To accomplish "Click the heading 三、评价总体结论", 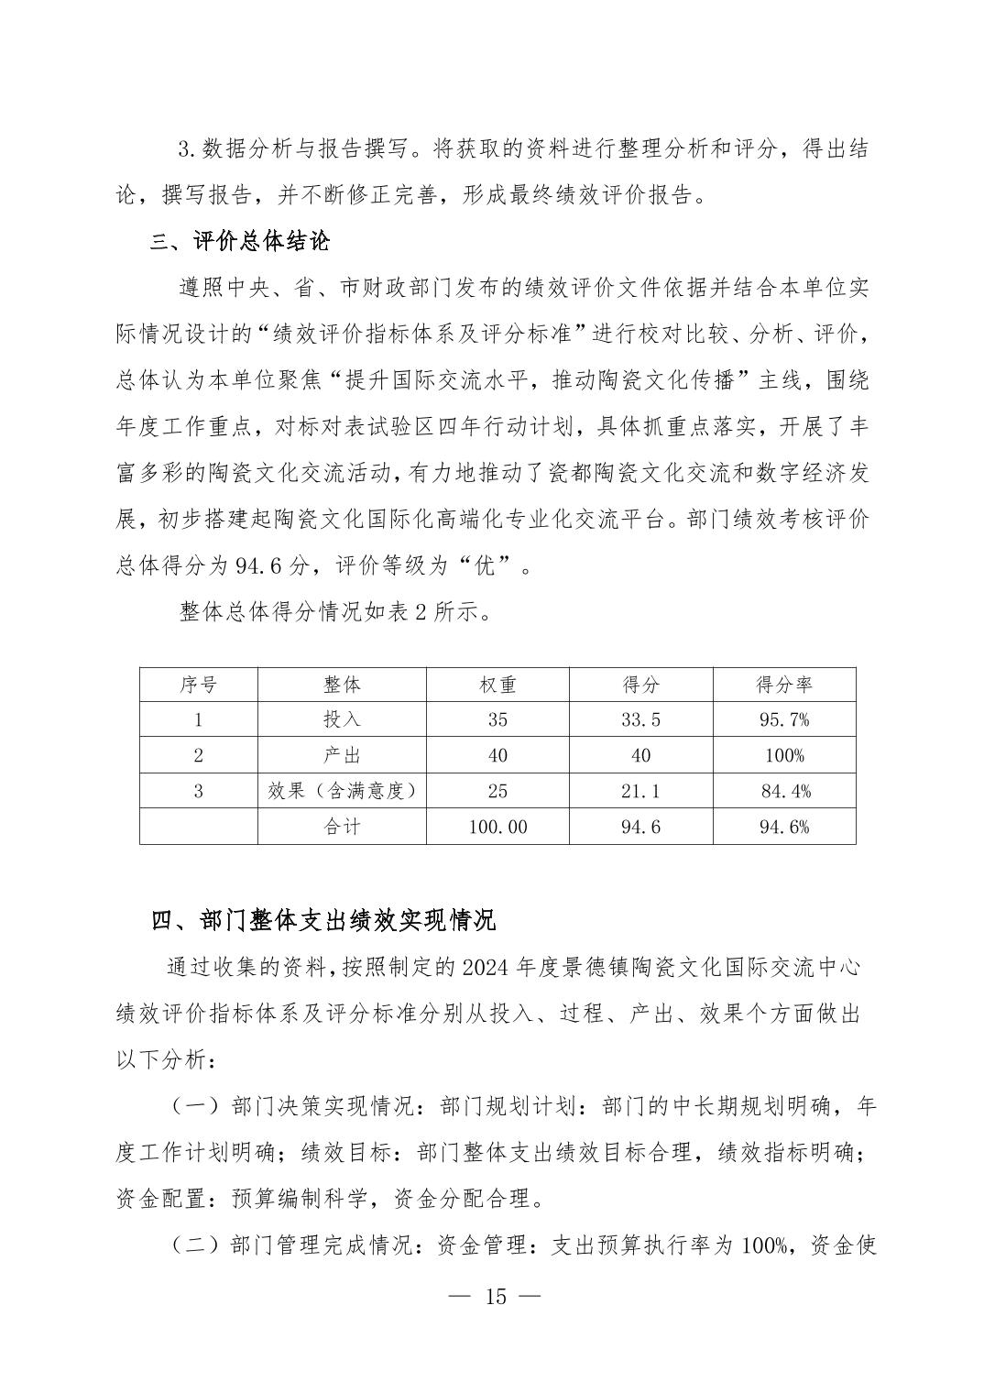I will point(240,242).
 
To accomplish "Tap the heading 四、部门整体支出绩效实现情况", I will point(323,920).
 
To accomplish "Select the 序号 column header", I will point(198,685).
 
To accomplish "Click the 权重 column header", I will point(497,685).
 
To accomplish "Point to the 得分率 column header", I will point(784,685).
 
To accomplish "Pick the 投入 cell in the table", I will point(342,720).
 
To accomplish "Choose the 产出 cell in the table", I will point(342,755).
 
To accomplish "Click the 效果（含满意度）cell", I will point(342,791).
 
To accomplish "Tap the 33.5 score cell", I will point(640,720).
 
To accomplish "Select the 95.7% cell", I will point(784,720).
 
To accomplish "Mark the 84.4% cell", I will point(784,791).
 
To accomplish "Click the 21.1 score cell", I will point(640,791).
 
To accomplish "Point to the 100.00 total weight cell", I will point(497,827).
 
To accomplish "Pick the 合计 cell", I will point(342,827).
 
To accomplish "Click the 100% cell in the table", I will point(784,755).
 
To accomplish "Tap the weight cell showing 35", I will point(497,720).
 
